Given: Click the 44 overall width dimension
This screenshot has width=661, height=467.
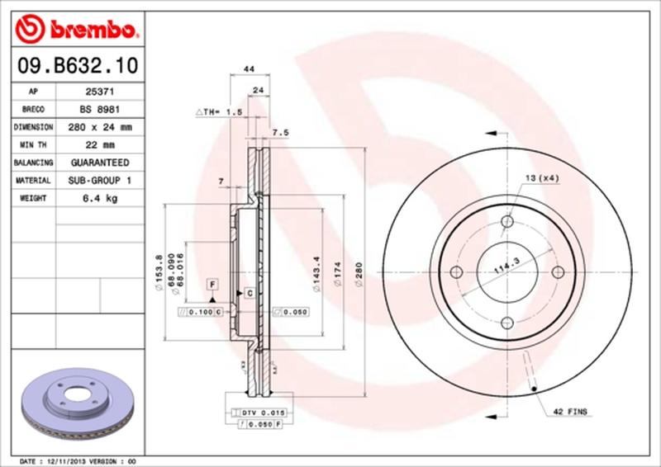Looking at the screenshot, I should [247, 71].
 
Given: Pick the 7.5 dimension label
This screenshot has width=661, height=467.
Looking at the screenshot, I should [279, 132].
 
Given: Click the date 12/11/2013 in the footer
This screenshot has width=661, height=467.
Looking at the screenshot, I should [68, 460].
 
